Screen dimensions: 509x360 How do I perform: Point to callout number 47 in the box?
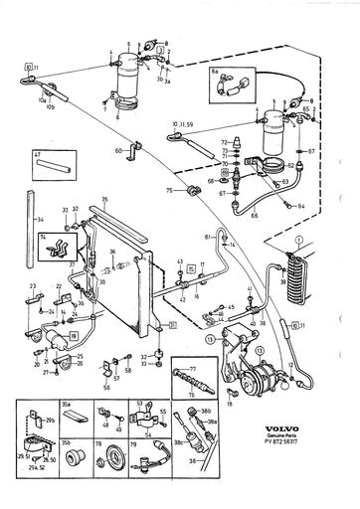(38, 156)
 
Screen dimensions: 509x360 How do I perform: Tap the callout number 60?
(118, 150)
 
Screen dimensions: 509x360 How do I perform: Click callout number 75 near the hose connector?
(169, 191)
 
